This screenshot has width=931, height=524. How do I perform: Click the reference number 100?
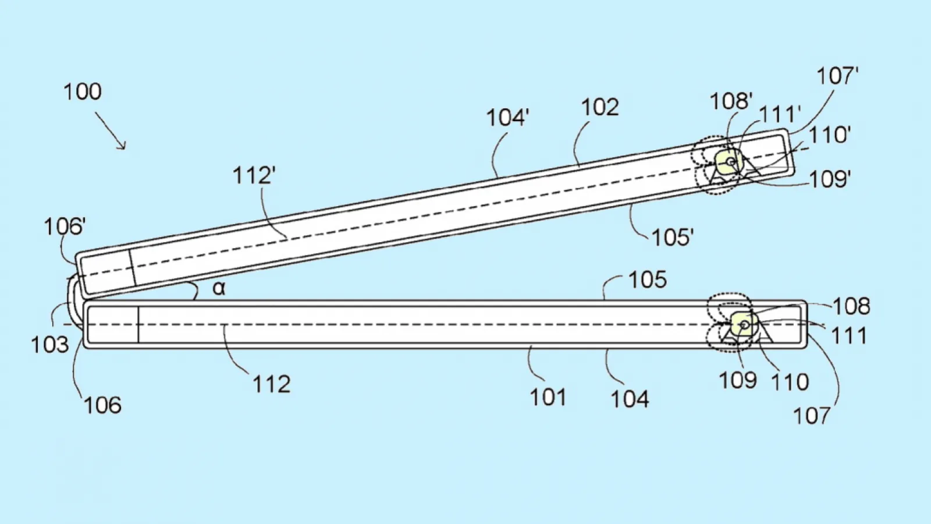82,91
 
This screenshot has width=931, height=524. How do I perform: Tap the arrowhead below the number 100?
122,145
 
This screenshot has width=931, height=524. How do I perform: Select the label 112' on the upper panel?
254,175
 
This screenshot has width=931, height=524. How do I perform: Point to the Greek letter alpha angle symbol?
219,288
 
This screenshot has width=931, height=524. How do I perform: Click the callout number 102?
600,107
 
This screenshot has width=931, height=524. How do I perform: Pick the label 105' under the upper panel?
673,238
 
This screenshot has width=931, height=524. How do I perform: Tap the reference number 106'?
65,227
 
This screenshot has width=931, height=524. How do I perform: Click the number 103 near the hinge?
50,345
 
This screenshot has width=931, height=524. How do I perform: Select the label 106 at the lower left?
102,405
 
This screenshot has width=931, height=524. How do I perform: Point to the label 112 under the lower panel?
271,384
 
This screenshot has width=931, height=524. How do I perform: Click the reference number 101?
548,397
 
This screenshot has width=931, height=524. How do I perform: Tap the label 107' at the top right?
838,76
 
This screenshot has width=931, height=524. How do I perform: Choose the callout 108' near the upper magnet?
731,101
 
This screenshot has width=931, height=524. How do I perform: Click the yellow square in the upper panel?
727,161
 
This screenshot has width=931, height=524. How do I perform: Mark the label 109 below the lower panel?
738,380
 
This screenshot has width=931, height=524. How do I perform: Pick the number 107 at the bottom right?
812,416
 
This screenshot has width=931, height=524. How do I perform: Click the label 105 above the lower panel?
648,280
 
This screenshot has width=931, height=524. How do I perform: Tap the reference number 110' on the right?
830,135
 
